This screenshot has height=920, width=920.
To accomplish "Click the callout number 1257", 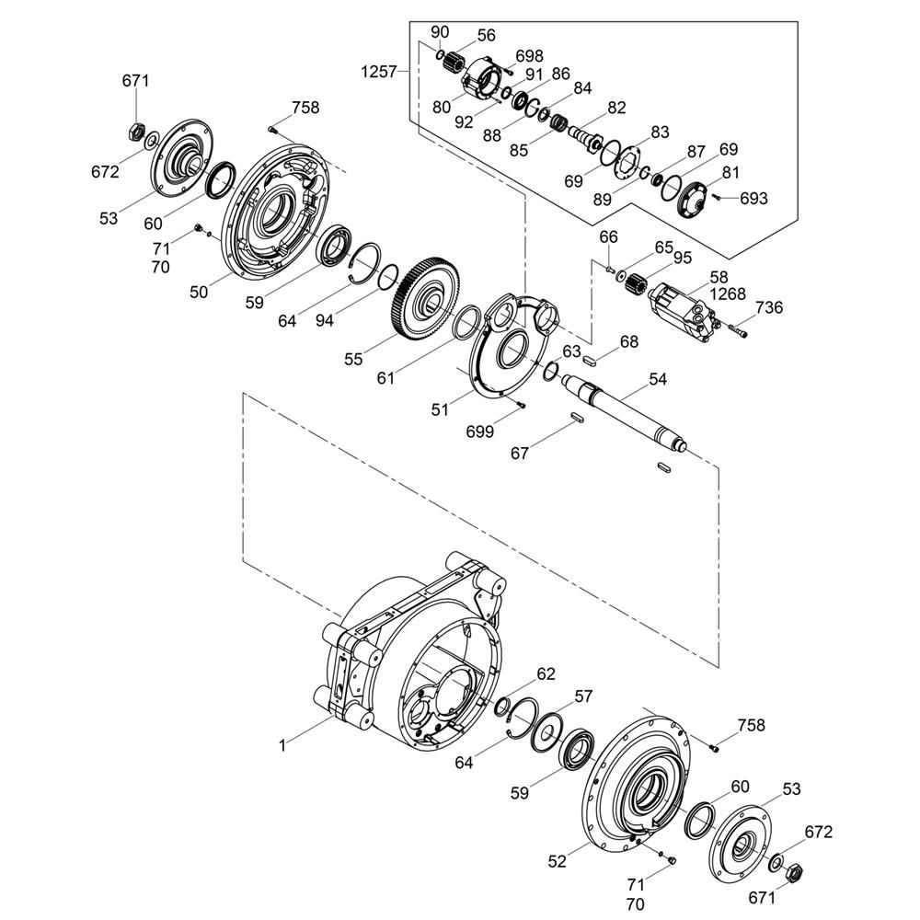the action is [x=379, y=72].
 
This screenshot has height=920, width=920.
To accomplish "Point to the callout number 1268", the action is [x=728, y=293].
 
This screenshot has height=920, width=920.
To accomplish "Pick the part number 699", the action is [x=480, y=431].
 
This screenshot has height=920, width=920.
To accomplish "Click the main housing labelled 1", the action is [x=410, y=651].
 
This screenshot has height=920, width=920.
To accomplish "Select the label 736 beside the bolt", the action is [x=769, y=307].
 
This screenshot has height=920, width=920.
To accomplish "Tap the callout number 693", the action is [x=753, y=199].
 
